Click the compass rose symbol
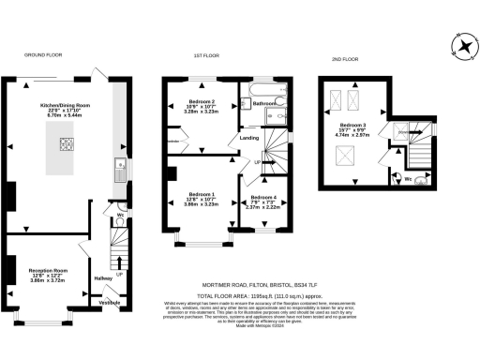click(x=463, y=47)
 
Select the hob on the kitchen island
click(x=67, y=143)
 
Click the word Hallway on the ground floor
click(x=103, y=277)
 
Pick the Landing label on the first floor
click(x=249, y=138)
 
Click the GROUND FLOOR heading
click(x=42, y=55)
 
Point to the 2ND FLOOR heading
click(x=345, y=59)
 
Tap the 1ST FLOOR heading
click(x=206, y=55)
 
